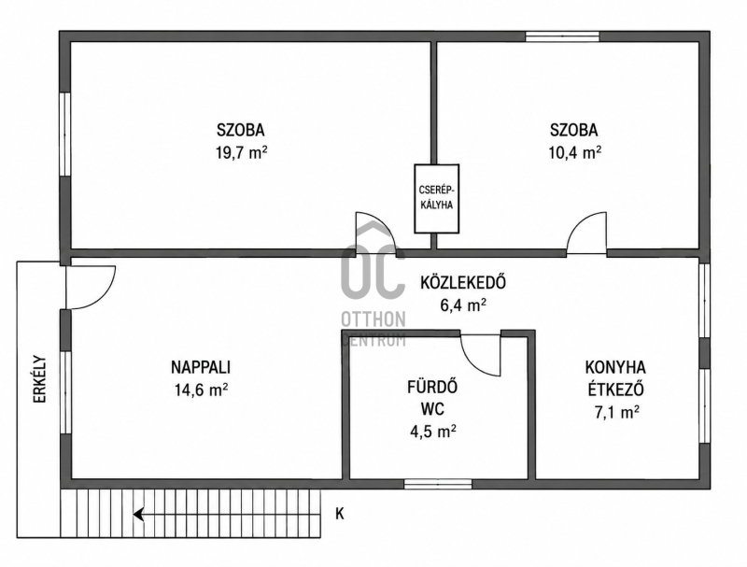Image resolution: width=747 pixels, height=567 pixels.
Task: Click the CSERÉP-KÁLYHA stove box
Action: [x=436, y=198]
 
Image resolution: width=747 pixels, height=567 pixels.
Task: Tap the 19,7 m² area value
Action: [x=241, y=152]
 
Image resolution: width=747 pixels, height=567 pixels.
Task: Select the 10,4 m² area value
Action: [x=574, y=152]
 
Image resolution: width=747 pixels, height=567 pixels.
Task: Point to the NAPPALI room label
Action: [x=201, y=367]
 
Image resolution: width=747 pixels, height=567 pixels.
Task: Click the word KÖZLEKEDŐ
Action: [x=462, y=282]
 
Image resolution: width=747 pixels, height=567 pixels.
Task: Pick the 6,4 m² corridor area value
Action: [x=463, y=305]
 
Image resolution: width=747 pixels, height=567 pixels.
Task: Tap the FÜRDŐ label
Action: [x=432, y=387]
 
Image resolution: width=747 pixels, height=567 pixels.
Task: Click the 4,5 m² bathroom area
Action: [x=433, y=432]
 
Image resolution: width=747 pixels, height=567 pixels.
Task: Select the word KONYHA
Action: [x=615, y=367]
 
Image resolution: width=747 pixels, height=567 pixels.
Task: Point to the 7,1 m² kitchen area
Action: [x=616, y=412]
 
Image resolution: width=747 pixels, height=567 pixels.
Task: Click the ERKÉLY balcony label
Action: [x=40, y=379]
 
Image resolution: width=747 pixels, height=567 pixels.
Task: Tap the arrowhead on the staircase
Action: [x=138, y=515]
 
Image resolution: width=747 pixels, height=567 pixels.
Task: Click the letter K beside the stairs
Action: [x=340, y=514]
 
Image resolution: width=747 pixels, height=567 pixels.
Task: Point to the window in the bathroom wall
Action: [x=438, y=484]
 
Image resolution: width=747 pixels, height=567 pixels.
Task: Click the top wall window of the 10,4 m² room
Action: [x=562, y=36]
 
